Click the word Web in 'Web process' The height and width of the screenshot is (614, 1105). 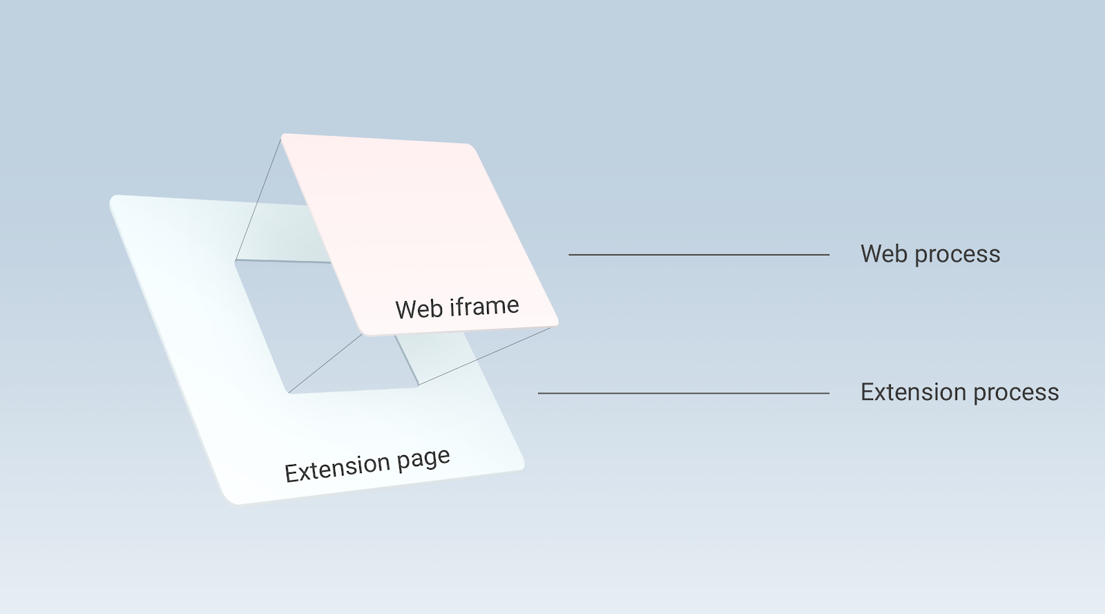coord(885,254)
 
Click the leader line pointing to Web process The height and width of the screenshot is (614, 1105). coord(698,255)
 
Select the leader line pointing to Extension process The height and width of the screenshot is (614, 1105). coord(683,394)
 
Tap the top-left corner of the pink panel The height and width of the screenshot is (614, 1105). coord(282,135)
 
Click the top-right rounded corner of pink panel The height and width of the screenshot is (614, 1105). coord(471,146)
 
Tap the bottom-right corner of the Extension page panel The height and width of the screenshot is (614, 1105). coord(522,466)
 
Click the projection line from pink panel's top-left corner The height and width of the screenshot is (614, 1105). coord(258,200)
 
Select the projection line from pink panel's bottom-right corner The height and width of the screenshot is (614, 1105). coord(484,356)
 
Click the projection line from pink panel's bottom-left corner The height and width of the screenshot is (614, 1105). coord(325,363)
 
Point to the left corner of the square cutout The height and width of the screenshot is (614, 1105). coord(236,261)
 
